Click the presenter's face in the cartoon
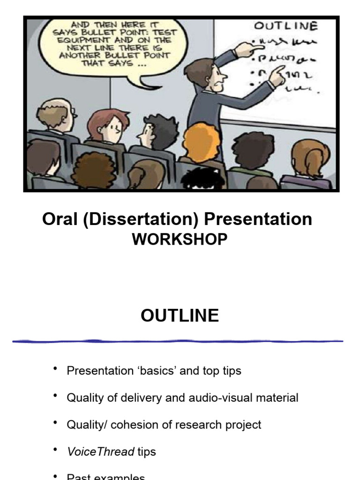216,75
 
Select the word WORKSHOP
180,240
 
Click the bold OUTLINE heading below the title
180,315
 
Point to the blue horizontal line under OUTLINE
178,341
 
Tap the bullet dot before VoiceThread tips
56,450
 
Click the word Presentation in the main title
258,219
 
